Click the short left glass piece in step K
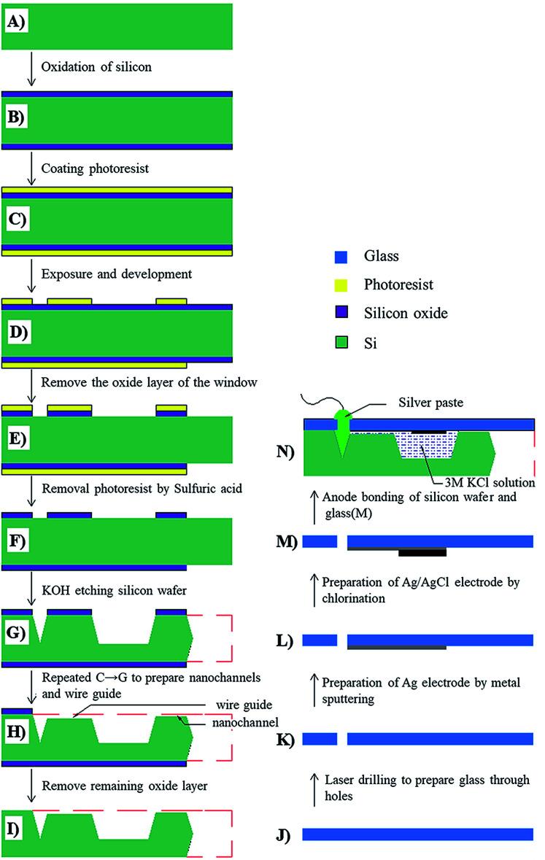click(319, 739)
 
